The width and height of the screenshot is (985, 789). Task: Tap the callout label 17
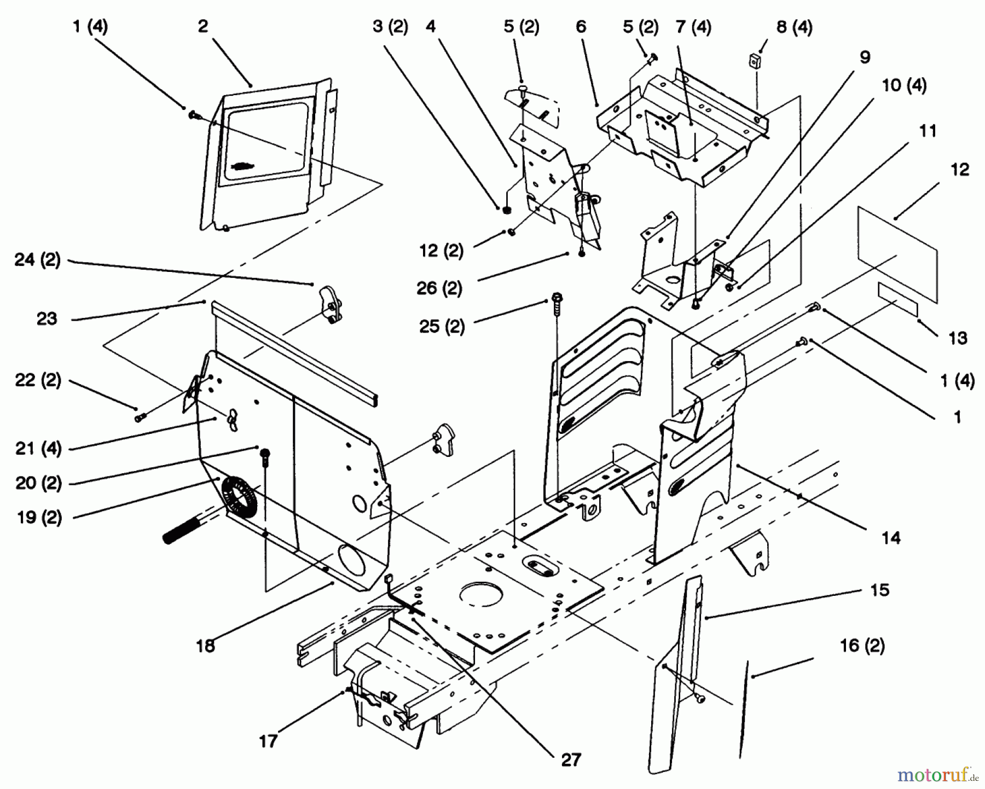[x=268, y=741]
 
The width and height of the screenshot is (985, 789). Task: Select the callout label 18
[x=206, y=646]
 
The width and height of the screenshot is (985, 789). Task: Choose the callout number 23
[x=47, y=318]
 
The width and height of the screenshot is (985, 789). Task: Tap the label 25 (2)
[x=441, y=326]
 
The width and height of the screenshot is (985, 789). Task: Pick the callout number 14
[x=891, y=538]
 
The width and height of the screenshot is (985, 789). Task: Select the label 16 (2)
[x=862, y=646]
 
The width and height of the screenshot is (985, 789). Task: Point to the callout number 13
[x=958, y=338]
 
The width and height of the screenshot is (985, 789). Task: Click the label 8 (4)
[x=794, y=27]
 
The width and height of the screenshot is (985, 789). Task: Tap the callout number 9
[x=865, y=57]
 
